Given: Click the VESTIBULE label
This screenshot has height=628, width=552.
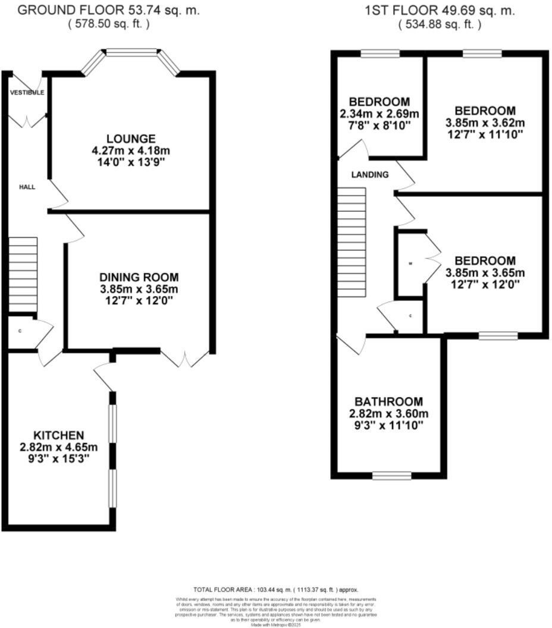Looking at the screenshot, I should [27, 93].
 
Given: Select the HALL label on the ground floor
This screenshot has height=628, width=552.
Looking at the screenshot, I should [27, 187].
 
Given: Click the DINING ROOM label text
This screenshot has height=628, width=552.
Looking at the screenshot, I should [139, 277].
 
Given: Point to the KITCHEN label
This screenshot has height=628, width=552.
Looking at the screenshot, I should [58, 435].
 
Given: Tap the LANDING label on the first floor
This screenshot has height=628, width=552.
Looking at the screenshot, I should [370, 175].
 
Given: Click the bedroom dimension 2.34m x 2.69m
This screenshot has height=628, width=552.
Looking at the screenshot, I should [379, 114].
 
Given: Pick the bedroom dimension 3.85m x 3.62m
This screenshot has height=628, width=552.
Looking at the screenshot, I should [485, 123].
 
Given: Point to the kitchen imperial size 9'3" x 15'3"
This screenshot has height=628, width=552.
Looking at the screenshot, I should [58, 459].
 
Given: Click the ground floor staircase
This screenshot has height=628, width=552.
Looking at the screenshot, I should [23, 274].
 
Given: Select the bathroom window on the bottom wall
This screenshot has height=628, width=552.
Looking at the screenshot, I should [391, 475].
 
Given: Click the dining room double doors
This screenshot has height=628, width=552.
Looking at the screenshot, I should [185, 358].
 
